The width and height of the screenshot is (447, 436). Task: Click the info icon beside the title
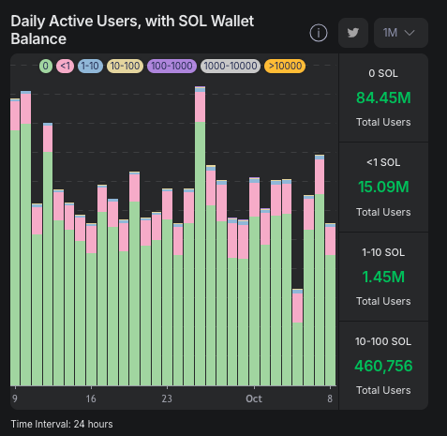coord(319,33)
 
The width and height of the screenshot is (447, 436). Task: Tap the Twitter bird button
coord(353,33)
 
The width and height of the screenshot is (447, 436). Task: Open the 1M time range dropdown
coord(400,33)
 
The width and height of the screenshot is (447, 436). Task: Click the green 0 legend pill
coord(45,66)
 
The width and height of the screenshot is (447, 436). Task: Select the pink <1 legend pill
coord(65,66)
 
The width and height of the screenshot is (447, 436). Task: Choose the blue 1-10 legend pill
coord(90,66)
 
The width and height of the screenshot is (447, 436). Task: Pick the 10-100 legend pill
coord(125,66)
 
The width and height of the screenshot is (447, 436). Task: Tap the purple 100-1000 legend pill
coord(171,66)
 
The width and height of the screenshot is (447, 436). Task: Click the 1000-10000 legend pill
coord(230,66)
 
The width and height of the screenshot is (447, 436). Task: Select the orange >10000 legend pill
coord(284,66)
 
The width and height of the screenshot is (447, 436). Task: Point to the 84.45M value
coord(383,98)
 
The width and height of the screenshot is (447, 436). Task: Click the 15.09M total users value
coord(383,187)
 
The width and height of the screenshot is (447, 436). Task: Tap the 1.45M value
coord(383,276)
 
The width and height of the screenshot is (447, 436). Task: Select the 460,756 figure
coord(383,365)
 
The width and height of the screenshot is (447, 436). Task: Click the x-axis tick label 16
coord(90,398)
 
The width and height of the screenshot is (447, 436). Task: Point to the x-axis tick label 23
coord(166,398)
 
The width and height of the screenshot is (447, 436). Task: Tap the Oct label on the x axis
coord(253,398)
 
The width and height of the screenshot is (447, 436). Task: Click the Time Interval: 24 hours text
coord(62,424)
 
